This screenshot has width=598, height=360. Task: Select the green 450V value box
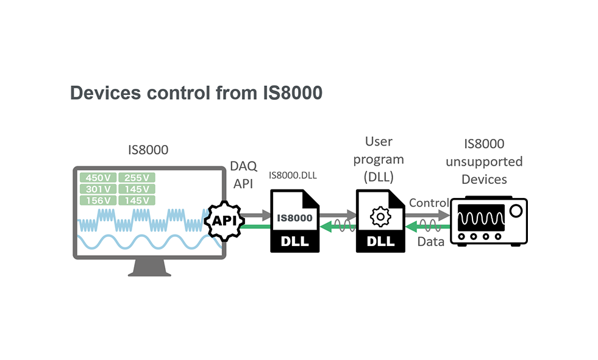pos(98,177)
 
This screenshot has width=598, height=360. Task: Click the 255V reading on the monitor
pos(137,177)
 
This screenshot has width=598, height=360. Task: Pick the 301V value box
pos(98,189)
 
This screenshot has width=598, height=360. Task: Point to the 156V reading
pos(98,200)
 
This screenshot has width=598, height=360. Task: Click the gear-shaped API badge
pos(224,220)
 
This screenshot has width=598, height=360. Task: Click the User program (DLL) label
pos(379,160)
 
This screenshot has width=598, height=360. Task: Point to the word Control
pos(429,202)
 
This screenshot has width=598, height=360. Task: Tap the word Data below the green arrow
pos(430,241)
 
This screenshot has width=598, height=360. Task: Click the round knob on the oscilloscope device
pos(516,211)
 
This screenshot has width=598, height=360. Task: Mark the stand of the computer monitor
pos(149,266)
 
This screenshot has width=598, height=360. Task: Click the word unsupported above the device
pos(484,161)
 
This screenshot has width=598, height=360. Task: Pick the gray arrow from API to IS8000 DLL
pos(257,214)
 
